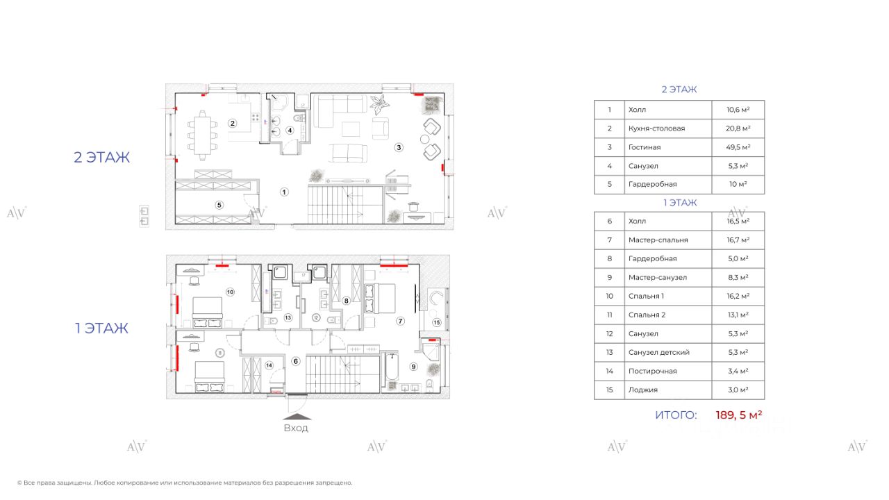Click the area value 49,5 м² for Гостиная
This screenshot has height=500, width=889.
(738, 147)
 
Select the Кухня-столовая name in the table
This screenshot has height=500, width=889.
(656, 128)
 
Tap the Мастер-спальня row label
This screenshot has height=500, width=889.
(658, 240)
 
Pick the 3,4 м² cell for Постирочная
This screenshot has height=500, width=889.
(738, 371)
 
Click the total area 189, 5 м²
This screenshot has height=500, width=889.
(739, 415)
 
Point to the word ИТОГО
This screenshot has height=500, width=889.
(675, 415)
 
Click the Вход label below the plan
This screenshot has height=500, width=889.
(296, 428)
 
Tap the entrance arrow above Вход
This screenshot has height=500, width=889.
(296, 417)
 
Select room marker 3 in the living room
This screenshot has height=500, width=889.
(399, 147)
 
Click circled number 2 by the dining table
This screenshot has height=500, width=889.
(233, 124)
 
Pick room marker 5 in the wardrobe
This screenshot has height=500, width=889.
(219, 205)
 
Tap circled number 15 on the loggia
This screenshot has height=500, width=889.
(436, 322)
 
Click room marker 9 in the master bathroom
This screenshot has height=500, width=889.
(413, 367)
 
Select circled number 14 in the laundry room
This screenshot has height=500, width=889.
(269, 365)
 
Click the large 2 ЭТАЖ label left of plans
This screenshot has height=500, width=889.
(102, 158)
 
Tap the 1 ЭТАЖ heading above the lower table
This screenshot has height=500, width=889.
(679, 203)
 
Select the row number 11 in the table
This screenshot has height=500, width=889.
(609, 315)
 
